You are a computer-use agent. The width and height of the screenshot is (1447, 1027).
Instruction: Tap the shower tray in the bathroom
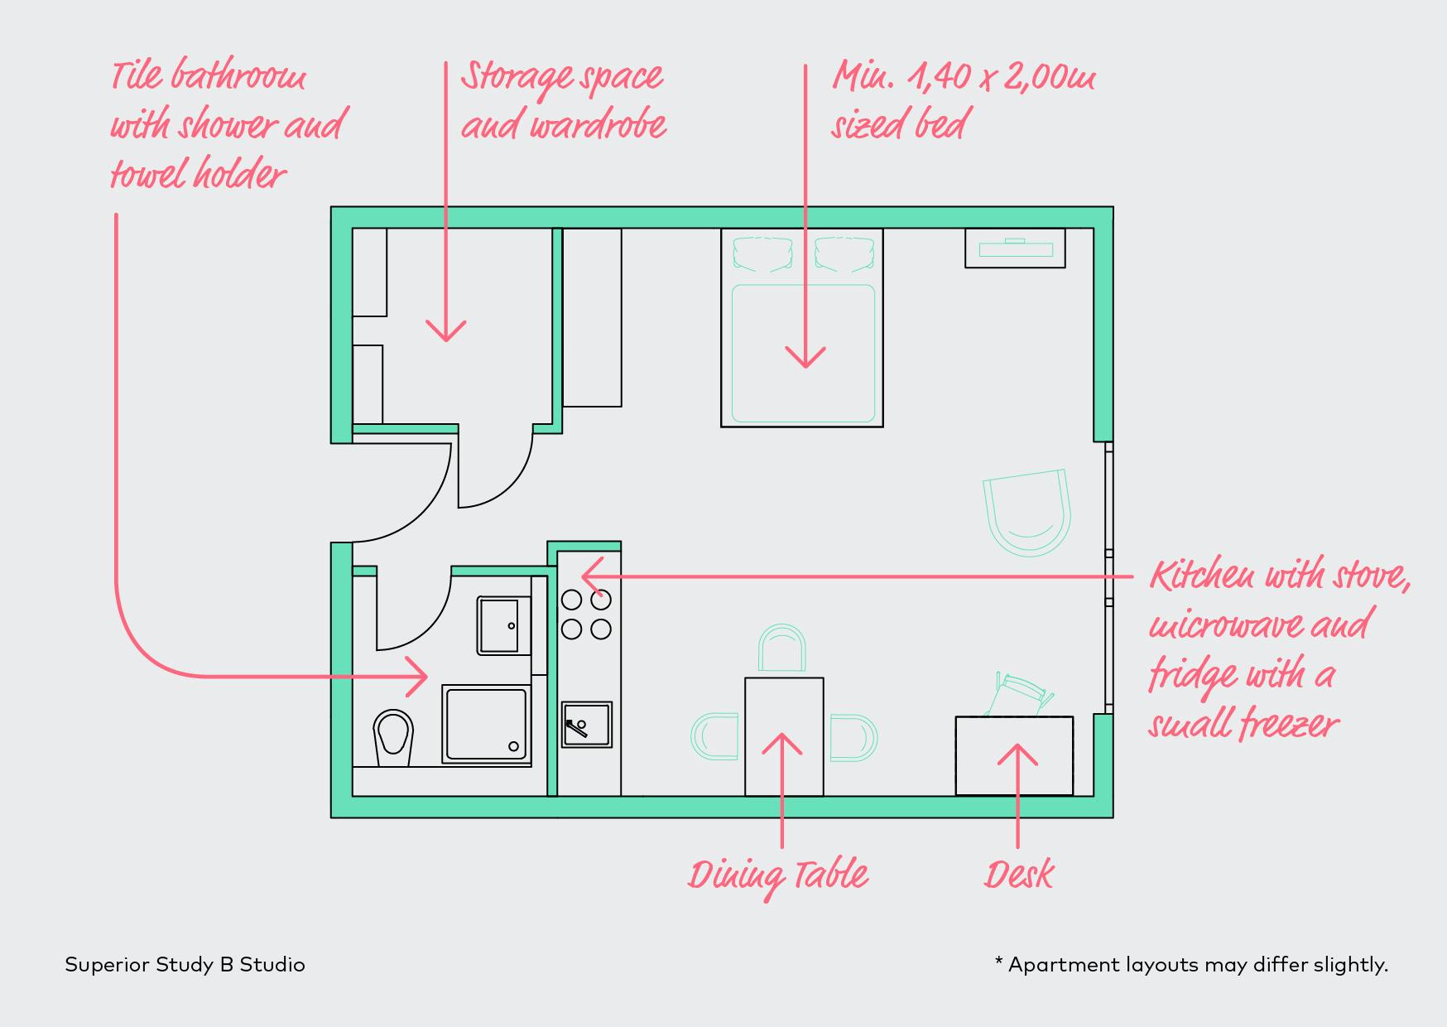point(486,723)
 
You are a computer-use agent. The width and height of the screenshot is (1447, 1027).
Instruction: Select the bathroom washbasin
point(502,625)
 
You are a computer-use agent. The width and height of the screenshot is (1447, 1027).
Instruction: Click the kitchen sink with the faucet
point(587,724)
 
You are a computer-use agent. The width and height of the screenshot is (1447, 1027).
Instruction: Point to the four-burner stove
point(586,614)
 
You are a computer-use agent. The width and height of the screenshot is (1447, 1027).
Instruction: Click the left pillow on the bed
point(762,254)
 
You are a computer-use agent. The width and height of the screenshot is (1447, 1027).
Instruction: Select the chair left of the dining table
point(715,736)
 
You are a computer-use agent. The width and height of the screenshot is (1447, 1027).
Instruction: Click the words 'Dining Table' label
point(778,876)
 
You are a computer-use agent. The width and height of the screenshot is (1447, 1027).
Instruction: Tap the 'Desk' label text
point(1018,875)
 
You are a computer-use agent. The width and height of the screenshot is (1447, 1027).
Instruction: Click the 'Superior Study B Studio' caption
point(185,965)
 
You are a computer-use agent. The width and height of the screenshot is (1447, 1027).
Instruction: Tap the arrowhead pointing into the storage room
point(446,332)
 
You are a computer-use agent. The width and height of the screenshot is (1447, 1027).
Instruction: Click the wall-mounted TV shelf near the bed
point(1015,248)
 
